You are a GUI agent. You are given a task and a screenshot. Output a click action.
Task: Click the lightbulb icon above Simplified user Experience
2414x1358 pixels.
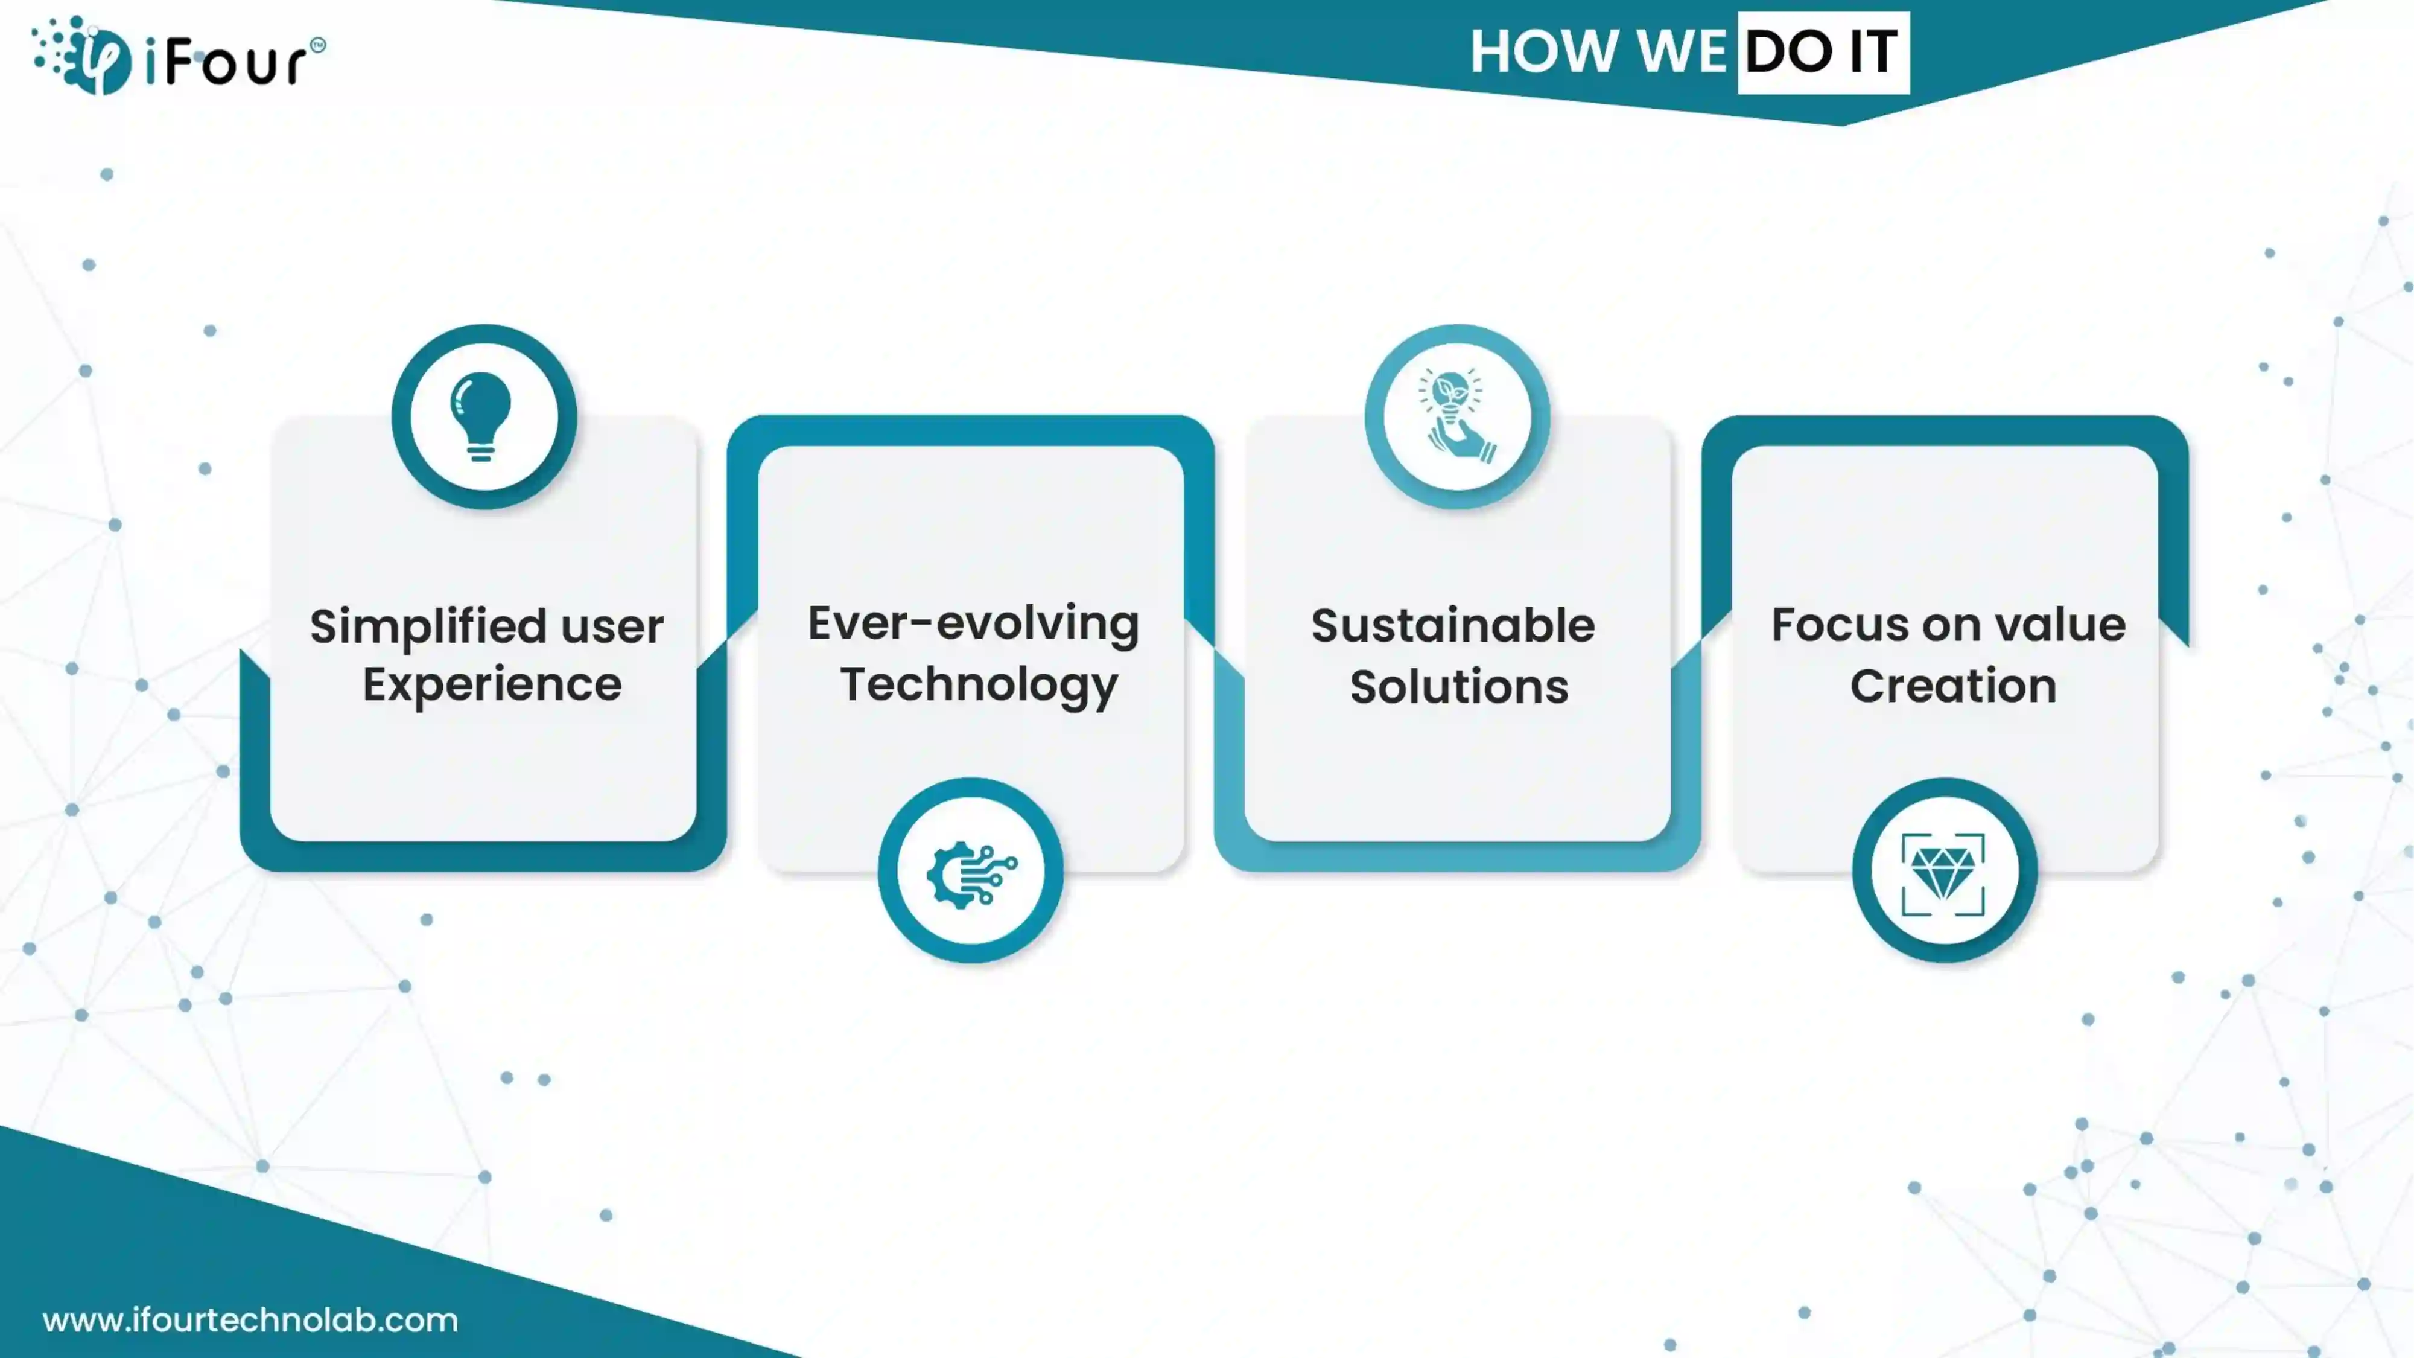pos(481,417)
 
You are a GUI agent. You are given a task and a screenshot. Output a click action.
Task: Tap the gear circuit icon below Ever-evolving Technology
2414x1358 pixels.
pos(971,873)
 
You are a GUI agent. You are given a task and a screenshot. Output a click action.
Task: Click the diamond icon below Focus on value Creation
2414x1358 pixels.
pos(1943,873)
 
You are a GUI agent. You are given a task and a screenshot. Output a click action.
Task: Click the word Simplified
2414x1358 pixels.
pos(428,626)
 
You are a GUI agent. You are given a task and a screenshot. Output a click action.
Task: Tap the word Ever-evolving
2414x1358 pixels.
pos(973,624)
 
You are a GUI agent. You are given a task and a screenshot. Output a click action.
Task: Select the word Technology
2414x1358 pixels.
pos(979,685)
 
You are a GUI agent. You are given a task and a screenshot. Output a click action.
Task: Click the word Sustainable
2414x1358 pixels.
pos(1452,625)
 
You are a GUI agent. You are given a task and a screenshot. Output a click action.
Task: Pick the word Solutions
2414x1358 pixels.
pos(1459,686)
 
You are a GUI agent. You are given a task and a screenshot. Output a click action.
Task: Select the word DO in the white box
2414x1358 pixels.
pos(1788,51)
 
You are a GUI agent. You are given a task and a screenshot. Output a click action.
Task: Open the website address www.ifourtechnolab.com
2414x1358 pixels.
pos(250,1321)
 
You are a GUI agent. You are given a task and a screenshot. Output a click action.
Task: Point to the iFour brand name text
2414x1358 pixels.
pos(234,62)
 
